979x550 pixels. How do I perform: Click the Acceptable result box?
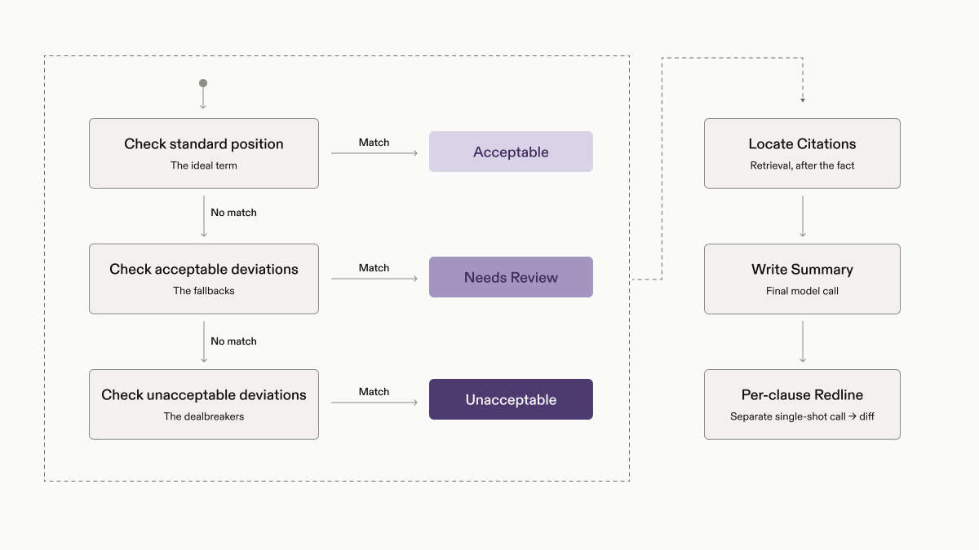[x=511, y=152]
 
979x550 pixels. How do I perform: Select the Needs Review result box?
[x=511, y=277]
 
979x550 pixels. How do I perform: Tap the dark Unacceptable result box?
[x=511, y=399]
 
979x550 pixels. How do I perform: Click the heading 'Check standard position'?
[x=204, y=143]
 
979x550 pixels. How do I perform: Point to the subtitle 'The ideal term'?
[x=204, y=165]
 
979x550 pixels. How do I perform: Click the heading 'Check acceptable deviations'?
[x=204, y=269]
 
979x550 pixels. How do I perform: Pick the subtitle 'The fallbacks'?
[x=204, y=291]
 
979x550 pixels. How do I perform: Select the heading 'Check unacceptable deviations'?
[x=204, y=394]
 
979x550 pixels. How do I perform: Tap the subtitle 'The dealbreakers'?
[x=204, y=416]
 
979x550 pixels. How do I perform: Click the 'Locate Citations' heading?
[x=802, y=143]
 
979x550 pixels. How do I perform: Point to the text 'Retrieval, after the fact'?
[x=802, y=165]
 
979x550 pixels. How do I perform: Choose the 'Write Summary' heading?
[x=802, y=270]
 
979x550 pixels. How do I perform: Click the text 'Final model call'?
[x=802, y=291]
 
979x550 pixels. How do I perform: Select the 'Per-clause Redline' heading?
[x=802, y=394]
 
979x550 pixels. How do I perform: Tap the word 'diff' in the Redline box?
[x=866, y=416]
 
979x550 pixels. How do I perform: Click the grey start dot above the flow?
[x=203, y=83]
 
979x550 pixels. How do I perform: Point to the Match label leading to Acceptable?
[x=374, y=143]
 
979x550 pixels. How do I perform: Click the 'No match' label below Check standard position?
[x=233, y=212]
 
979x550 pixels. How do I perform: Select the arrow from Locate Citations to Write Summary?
[x=803, y=216]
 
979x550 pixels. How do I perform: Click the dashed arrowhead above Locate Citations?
[x=803, y=100]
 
